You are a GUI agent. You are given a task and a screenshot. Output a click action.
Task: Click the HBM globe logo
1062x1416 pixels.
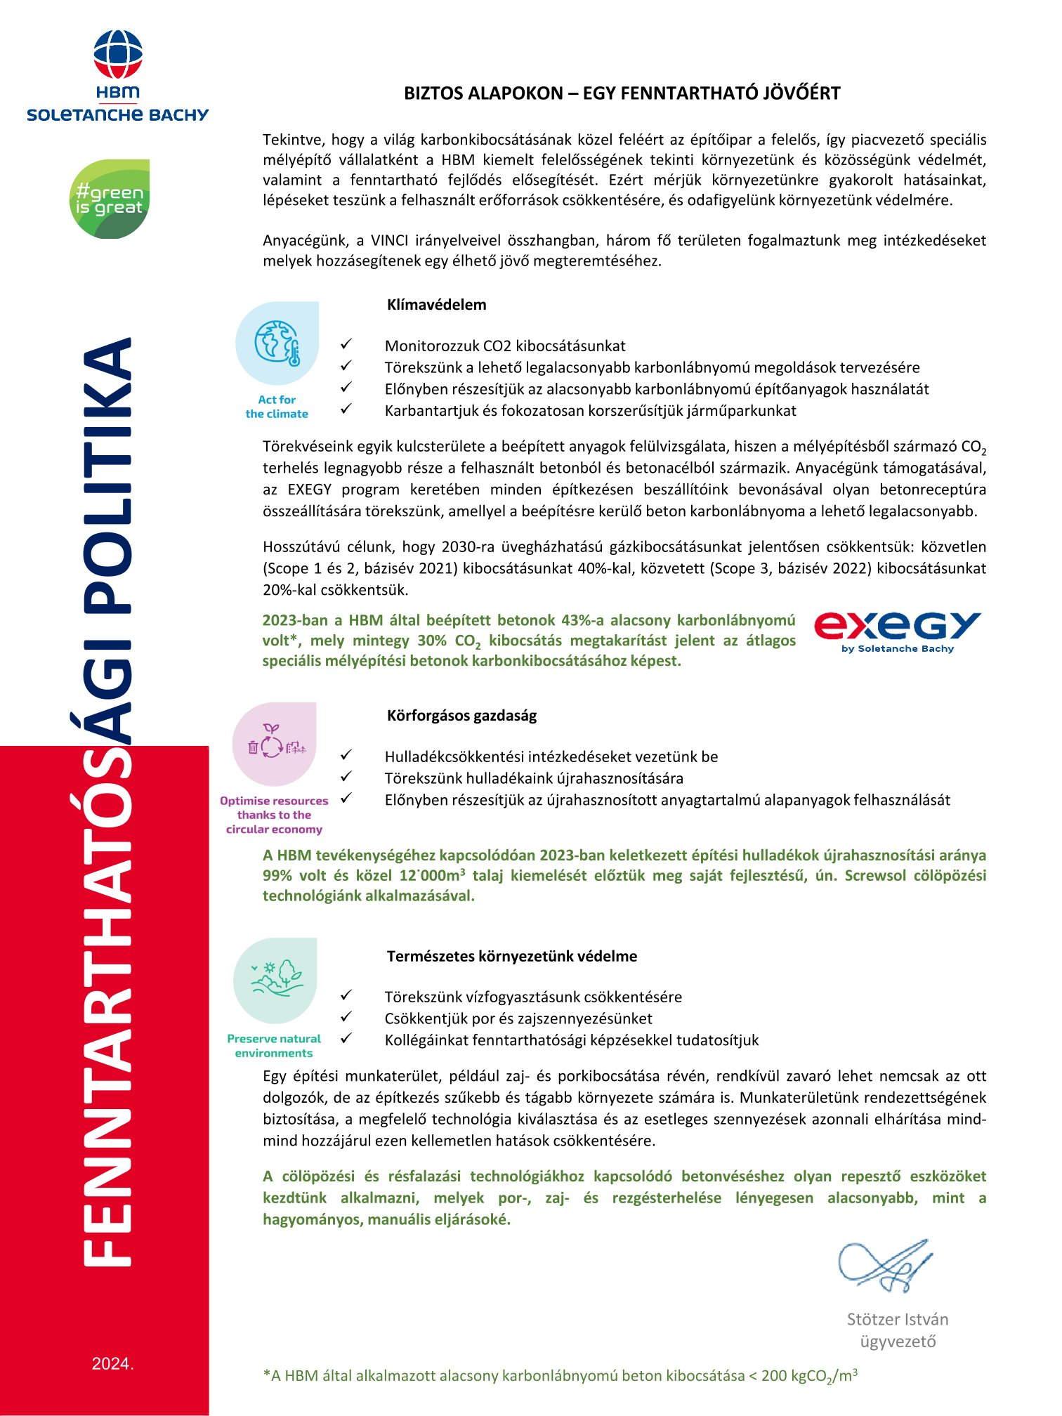117,55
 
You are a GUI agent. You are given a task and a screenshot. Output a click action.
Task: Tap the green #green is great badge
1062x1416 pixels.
110,199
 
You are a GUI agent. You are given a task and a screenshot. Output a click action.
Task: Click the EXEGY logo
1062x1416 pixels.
897,630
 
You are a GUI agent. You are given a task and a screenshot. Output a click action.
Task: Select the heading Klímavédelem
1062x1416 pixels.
436,305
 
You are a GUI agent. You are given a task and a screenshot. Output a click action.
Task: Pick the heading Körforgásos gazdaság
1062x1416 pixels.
461,716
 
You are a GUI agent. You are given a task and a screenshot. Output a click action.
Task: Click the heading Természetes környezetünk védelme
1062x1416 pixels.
512,956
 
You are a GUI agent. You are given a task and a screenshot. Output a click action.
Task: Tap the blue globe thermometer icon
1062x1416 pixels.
277,343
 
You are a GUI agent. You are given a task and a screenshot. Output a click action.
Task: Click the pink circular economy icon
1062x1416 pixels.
275,744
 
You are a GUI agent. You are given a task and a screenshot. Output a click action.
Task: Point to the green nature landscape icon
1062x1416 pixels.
275,979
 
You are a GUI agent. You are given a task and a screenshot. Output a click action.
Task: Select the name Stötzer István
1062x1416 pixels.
897,1319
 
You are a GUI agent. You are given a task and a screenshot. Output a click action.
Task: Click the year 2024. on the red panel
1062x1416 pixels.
112,1364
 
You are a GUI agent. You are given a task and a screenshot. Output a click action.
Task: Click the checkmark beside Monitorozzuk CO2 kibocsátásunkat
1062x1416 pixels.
346,345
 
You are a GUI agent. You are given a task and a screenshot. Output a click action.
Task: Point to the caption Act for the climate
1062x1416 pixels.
277,407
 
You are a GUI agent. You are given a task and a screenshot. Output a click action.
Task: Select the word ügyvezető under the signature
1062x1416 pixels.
898,1342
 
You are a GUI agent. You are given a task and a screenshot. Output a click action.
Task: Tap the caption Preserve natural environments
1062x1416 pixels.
274,1046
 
